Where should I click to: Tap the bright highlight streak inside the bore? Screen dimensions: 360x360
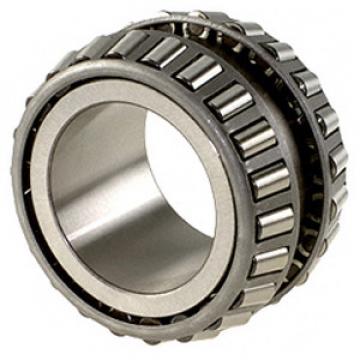click(x=130, y=215)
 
